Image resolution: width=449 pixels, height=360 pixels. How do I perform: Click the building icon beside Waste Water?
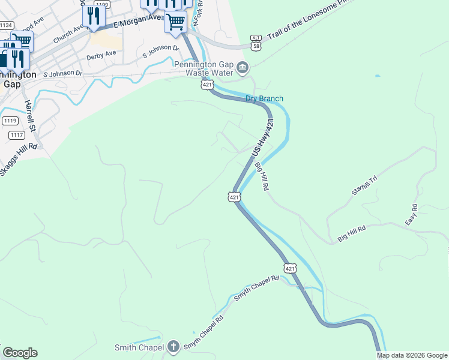[x=242, y=67]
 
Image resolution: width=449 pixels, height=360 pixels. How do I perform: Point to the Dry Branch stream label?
[x=264, y=98]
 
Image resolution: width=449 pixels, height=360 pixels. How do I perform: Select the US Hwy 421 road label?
[x=262, y=139]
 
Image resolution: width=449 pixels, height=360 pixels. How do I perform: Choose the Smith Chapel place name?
[x=139, y=347]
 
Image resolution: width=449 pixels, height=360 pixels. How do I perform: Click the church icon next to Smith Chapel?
[x=173, y=347]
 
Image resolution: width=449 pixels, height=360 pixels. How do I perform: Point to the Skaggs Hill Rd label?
[x=19, y=159]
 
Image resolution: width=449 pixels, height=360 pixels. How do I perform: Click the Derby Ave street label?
[x=101, y=53]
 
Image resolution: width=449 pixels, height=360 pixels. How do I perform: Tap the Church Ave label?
[x=67, y=35]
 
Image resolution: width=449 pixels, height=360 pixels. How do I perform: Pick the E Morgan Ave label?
[x=137, y=22]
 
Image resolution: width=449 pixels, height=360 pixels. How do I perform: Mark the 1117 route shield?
[x=17, y=135]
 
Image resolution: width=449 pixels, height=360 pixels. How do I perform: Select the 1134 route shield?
[x=7, y=25]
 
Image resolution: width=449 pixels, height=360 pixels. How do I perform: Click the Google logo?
[x=20, y=353]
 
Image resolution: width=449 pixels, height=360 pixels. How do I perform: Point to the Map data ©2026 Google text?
[x=411, y=355]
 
